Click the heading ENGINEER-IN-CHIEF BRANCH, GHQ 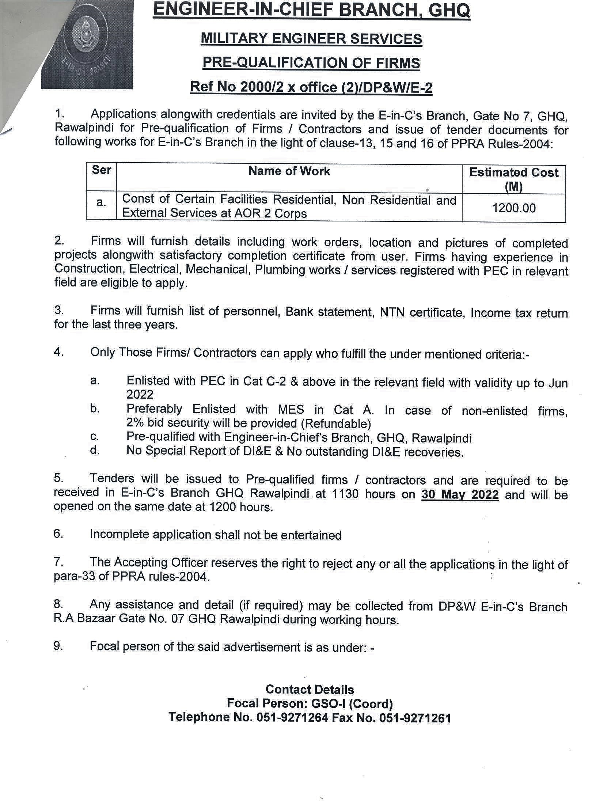pos(311,11)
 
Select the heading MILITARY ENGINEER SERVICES pos(311,39)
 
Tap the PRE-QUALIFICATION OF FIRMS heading pos(311,63)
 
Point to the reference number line pos(311,87)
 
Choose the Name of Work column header pos(289,171)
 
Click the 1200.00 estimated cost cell pos(514,208)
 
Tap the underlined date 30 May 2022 pos(460,494)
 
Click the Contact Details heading pos(310,689)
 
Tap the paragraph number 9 pos(58,646)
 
